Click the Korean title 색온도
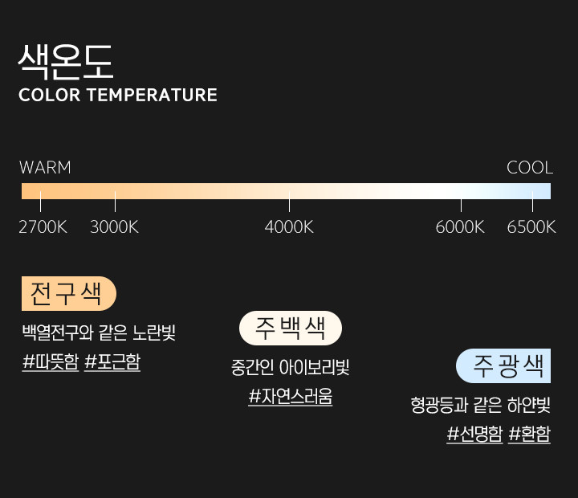[66, 62]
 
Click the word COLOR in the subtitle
[50, 95]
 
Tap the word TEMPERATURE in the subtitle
[152, 95]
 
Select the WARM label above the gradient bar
[45, 168]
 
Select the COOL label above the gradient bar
[530, 168]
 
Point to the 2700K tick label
[43, 227]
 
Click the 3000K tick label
[114, 227]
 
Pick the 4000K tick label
[289, 227]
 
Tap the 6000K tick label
[460, 227]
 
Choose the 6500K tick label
[531, 227]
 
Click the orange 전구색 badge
[69, 294]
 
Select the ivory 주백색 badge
[291, 328]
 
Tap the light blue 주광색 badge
[503, 366]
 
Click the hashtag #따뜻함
[51, 361]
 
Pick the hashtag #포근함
[112, 361]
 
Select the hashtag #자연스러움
[291, 397]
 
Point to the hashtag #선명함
[474, 434]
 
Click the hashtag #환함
[529, 434]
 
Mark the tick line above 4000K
[289, 202]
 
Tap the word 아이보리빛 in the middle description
[314, 367]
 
